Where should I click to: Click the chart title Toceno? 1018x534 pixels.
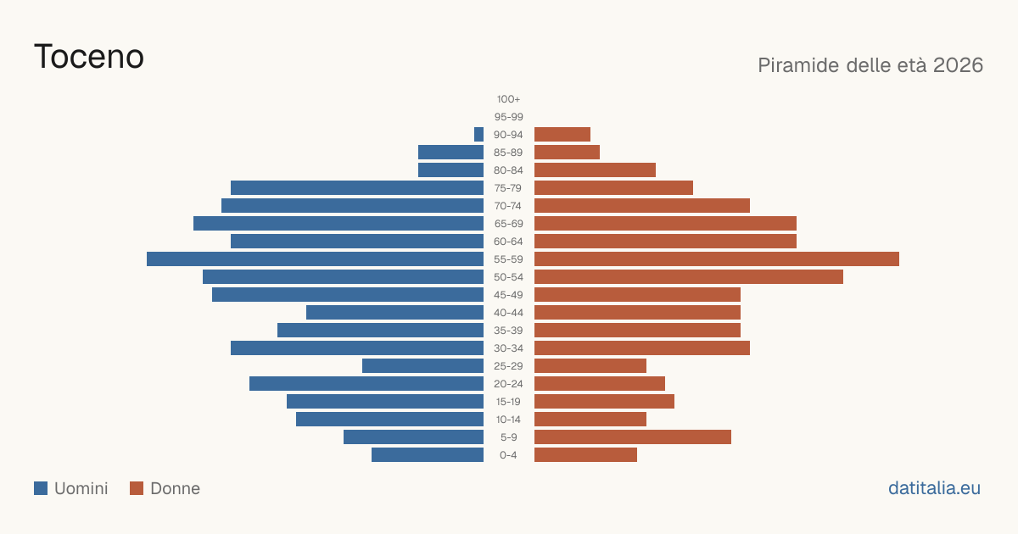point(89,57)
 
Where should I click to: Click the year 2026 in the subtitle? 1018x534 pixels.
point(958,65)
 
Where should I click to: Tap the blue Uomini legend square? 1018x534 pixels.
point(41,488)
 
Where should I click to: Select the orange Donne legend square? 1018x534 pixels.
point(137,488)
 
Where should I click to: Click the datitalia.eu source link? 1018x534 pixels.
point(934,488)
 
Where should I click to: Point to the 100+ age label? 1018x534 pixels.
point(508,99)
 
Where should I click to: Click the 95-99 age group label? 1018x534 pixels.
point(508,117)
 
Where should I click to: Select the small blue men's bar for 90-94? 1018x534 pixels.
point(478,135)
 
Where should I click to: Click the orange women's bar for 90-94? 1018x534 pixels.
point(562,135)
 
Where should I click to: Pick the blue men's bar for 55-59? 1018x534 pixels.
point(315,259)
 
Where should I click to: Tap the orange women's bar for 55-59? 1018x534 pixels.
point(717,259)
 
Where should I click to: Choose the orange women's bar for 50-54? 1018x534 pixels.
point(689,277)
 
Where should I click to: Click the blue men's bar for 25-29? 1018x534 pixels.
point(422,366)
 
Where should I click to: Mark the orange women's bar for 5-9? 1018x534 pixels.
point(633,437)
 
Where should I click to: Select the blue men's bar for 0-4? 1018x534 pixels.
point(428,455)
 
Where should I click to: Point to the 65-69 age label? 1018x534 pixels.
point(508,224)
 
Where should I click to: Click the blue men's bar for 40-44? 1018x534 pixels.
point(395,313)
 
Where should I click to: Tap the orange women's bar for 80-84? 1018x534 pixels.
point(595,170)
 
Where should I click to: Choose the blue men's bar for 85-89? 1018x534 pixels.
point(450,152)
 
